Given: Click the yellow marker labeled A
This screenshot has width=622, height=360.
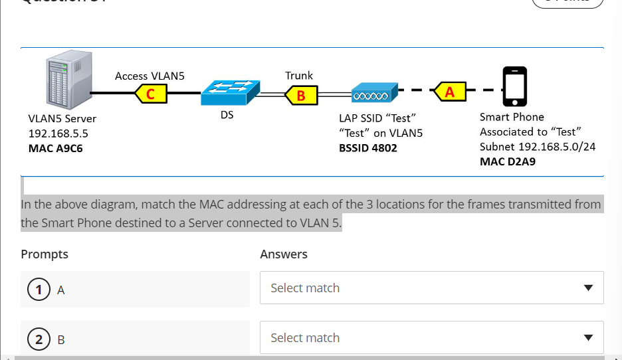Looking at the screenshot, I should pyautogui.click(x=450, y=92).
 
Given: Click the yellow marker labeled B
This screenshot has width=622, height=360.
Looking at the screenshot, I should pyautogui.click(x=301, y=96).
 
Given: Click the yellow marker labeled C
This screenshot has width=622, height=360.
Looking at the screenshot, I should pyautogui.click(x=151, y=94).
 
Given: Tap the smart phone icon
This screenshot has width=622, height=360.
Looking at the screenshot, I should pyautogui.click(x=514, y=86).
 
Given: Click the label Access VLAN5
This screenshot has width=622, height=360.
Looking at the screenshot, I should pyautogui.click(x=150, y=76).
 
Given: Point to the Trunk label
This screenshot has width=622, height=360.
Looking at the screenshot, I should pyautogui.click(x=299, y=75).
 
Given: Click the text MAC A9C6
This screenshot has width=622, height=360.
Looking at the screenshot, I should pyautogui.click(x=55, y=148).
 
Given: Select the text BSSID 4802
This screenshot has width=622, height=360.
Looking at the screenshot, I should pyautogui.click(x=367, y=148).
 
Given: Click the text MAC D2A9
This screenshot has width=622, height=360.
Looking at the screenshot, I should pyautogui.click(x=508, y=162).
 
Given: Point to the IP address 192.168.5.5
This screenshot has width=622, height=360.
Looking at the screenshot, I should pyautogui.click(x=58, y=134).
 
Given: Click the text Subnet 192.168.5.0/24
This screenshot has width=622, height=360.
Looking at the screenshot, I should pyautogui.click(x=537, y=147).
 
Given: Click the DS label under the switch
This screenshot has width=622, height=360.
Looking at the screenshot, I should pyautogui.click(x=227, y=115).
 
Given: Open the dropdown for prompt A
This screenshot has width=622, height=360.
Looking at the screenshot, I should pyautogui.click(x=431, y=288).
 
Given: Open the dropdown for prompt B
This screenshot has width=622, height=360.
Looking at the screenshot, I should pyautogui.click(x=431, y=338).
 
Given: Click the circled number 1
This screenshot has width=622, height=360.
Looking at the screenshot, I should pyautogui.click(x=39, y=290).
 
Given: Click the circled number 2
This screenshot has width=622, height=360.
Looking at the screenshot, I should pyautogui.click(x=39, y=340).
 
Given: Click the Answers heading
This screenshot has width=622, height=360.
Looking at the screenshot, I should pyautogui.click(x=284, y=254).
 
